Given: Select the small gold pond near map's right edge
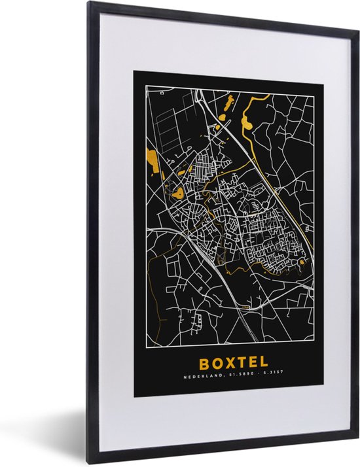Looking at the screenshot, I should click(x=301, y=262).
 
